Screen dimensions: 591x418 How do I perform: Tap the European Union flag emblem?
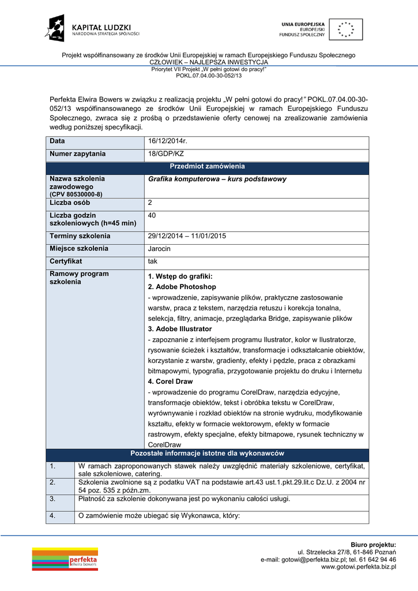pos(346,29)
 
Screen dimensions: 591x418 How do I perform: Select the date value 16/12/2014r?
pos(167,141)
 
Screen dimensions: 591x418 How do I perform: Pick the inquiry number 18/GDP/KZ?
pos(166,154)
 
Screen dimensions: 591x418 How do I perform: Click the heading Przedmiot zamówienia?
pos(207,167)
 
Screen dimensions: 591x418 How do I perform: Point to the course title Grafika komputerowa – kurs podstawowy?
pos(217,179)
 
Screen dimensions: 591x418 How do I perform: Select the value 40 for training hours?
pos(152,215)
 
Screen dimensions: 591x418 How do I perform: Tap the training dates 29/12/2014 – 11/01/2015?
pos(187,236)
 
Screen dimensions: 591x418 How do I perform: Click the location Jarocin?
pos(160,249)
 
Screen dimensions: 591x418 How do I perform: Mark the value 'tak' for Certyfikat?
pos(153,261)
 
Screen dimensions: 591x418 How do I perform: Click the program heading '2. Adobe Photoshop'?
pos(182,287)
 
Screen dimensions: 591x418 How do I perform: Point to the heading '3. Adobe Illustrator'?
pos(180,329)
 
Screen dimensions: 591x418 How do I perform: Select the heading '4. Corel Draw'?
pos(171,381)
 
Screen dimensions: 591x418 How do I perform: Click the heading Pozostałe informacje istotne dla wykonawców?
pos(207,454)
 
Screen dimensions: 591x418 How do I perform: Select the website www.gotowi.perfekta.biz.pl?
pos(358,567)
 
